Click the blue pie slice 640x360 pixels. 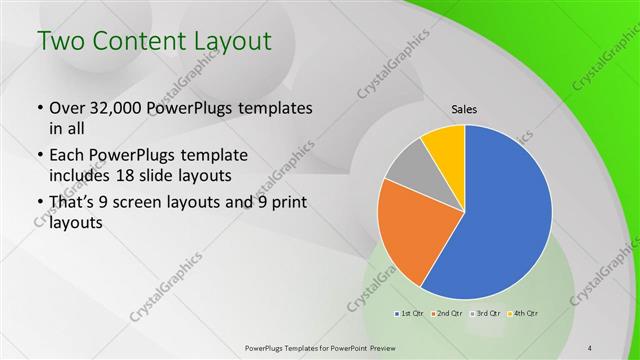coord(505,225)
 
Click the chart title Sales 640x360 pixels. coord(464,109)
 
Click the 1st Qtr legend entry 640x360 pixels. coord(411,313)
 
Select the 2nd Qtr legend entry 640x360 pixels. coord(448,313)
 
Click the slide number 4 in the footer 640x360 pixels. coord(591,347)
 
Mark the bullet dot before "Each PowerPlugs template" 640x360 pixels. coord(39,157)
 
